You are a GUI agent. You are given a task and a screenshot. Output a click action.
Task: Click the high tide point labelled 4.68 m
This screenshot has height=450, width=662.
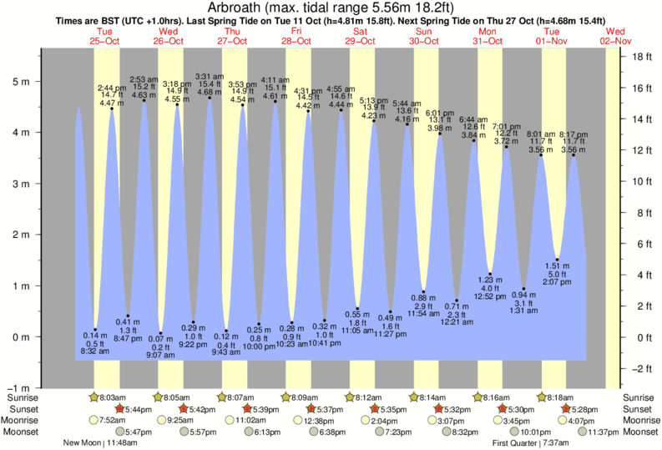click(x=210, y=99)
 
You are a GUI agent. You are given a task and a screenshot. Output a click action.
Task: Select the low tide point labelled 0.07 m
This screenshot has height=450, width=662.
click(x=161, y=333)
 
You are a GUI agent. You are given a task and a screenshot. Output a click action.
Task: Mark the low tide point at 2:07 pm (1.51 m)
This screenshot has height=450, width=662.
click(x=557, y=260)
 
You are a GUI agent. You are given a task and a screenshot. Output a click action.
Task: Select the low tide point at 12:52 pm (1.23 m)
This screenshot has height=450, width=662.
click(x=491, y=274)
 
